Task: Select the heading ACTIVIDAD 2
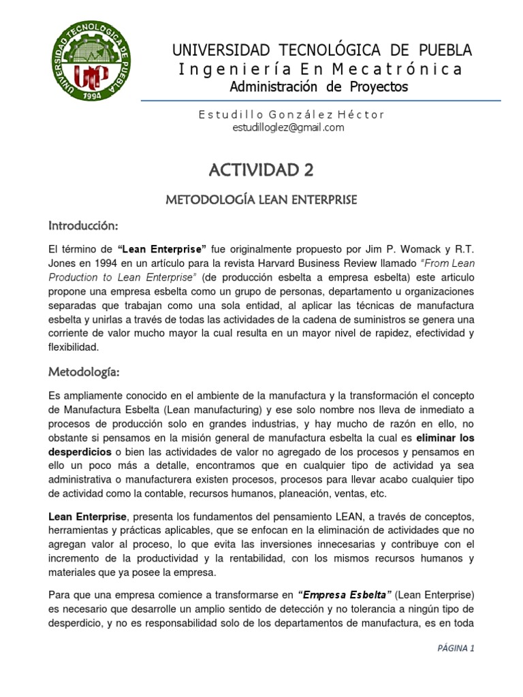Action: coord(261,169)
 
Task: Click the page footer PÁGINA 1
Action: coord(456,648)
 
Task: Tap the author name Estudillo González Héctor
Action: coord(291,114)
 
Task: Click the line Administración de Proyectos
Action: coord(319,86)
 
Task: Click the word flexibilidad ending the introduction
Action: coord(74,347)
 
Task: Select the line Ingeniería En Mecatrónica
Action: coord(320,69)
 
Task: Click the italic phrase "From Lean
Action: coord(444,264)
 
